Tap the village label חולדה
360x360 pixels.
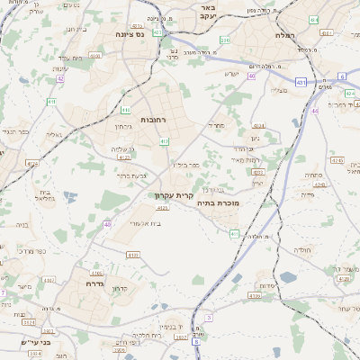pos(303,249)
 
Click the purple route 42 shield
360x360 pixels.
pos(60,79)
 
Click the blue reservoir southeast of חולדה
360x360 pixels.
pos(287,277)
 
